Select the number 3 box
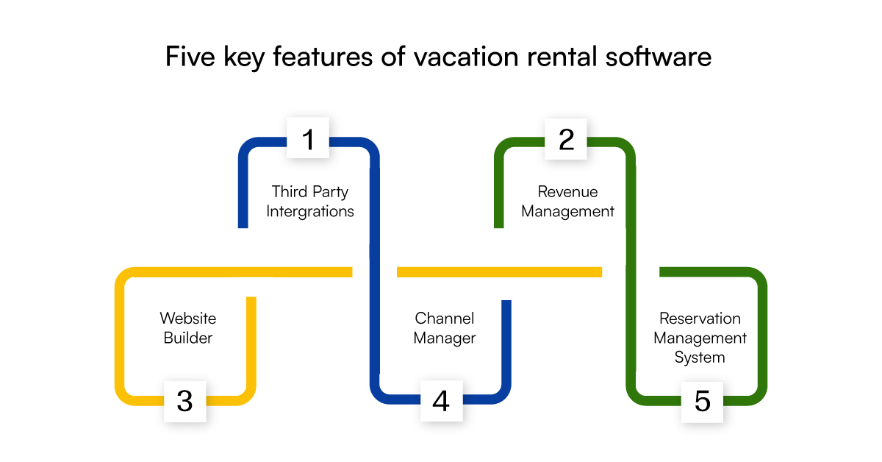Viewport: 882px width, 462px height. coord(185,401)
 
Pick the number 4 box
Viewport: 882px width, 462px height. coord(441,401)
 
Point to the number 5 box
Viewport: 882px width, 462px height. coord(702,401)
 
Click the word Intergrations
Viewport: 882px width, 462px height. coord(310,212)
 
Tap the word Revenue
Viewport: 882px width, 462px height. coord(567,192)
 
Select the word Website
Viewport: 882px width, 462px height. coord(188,319)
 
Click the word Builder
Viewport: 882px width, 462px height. coord(188,338)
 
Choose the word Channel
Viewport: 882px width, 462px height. coord(445,319)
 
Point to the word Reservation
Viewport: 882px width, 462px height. coord(700,319)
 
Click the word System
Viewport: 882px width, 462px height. coord(700,358)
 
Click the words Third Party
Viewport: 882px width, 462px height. coord(310,192)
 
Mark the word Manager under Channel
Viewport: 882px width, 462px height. coord(445,338)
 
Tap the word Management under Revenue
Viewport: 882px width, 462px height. coord(567,212)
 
